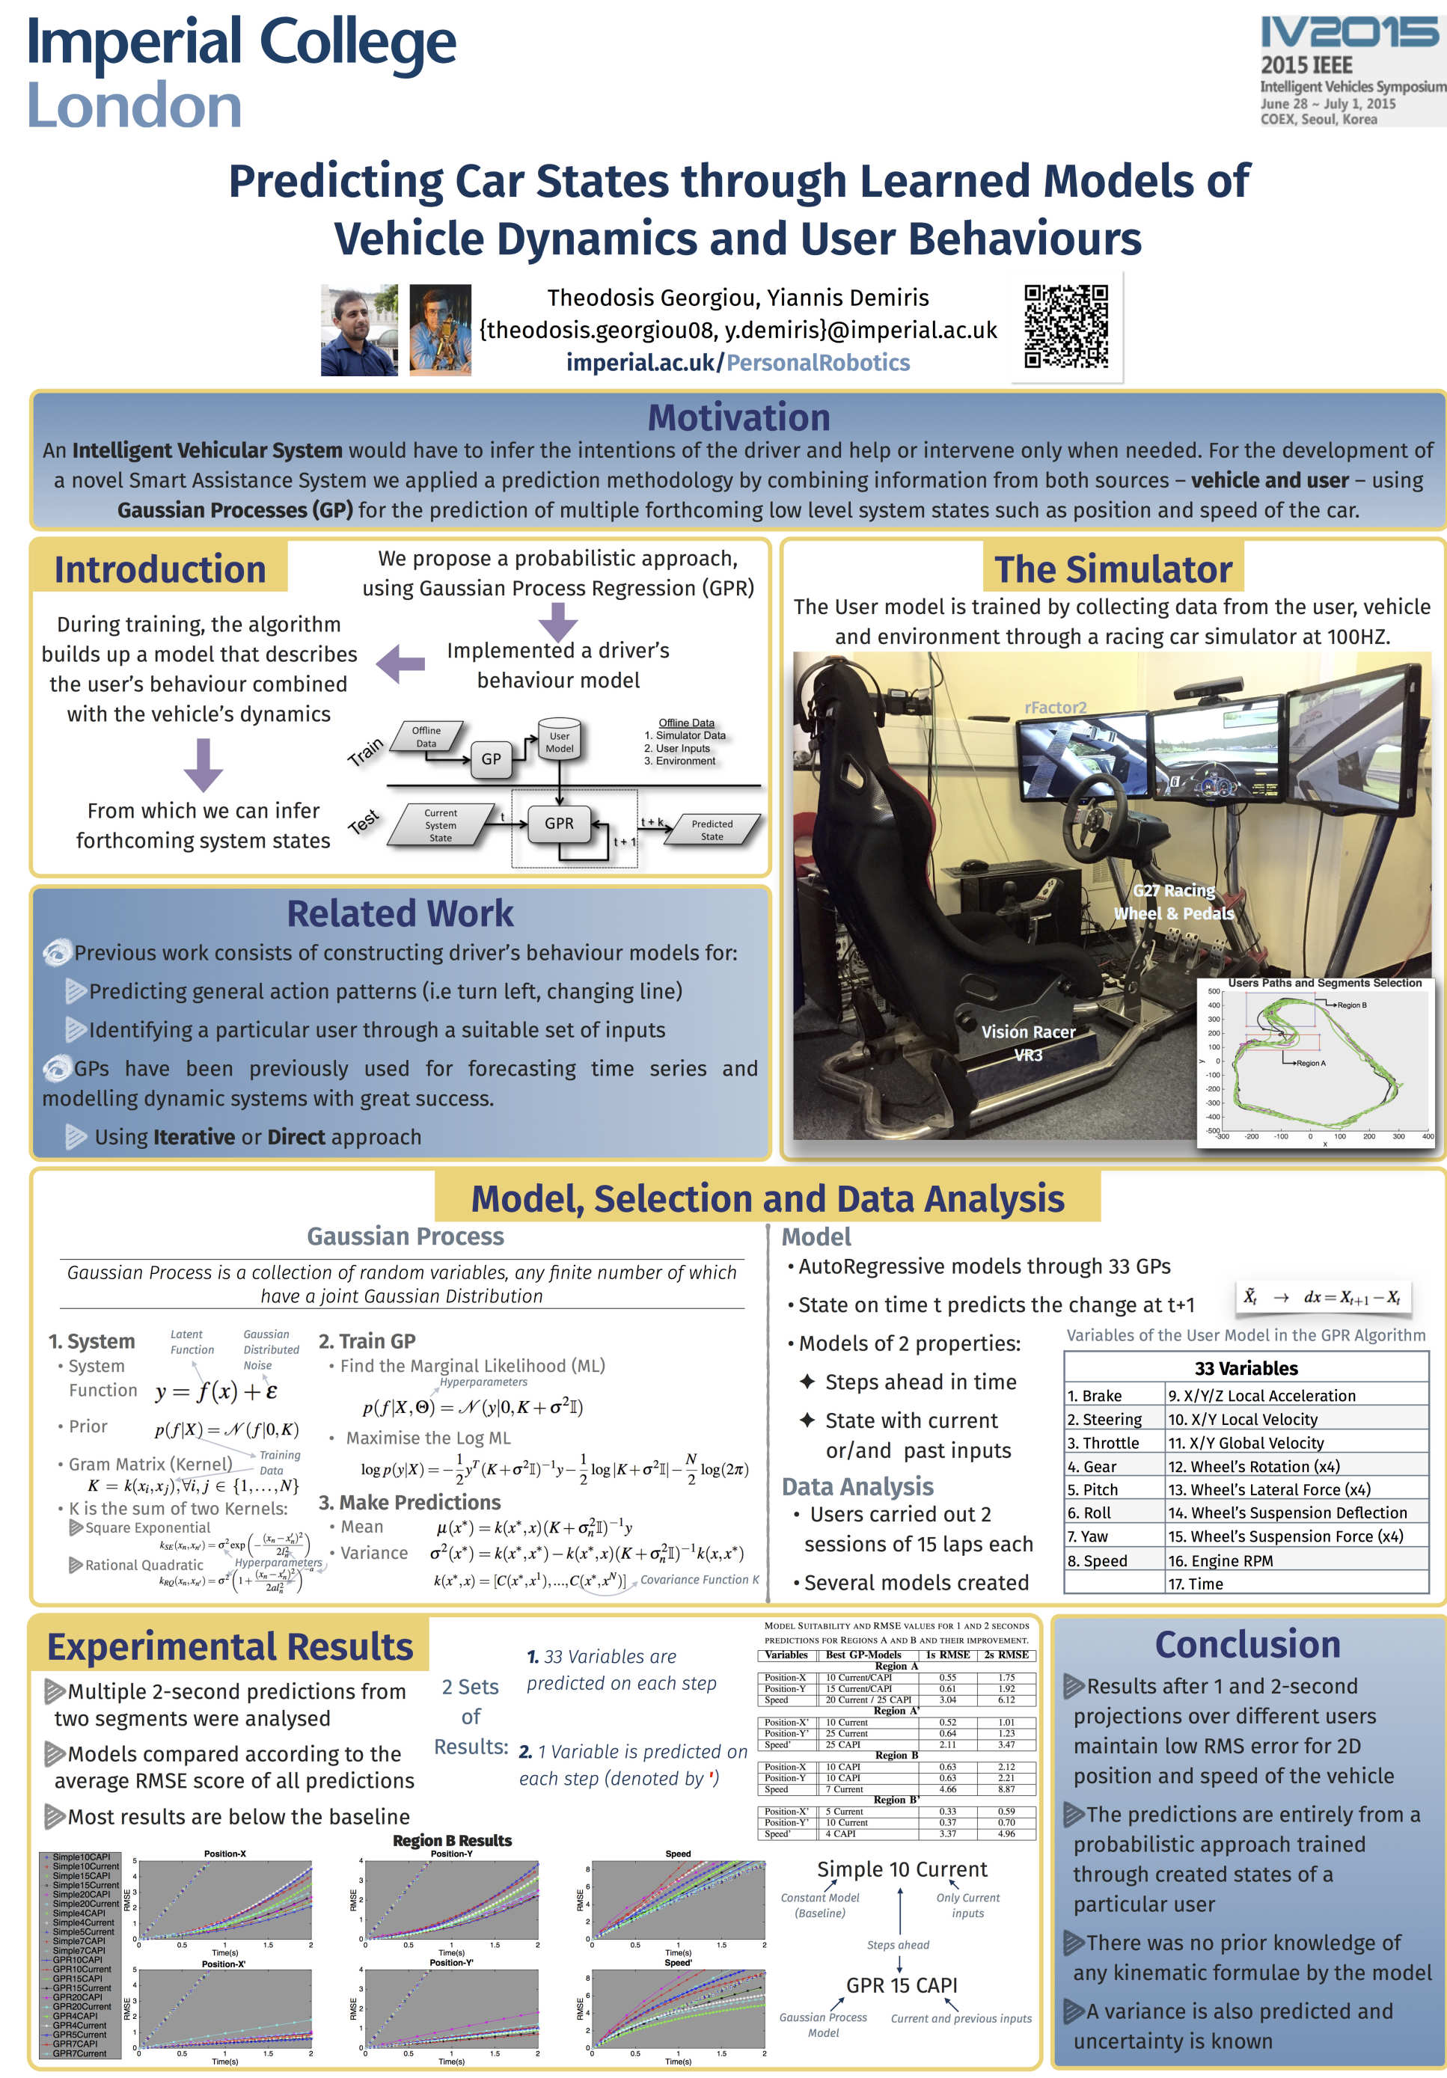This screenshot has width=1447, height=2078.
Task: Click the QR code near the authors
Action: click(x=1065, y=326)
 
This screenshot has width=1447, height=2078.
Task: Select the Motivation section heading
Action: click(x=738, y=417)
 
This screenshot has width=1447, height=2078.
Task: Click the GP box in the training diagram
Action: click(x=491, y=759)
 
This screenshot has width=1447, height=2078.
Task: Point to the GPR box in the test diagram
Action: click(x=559, y=824)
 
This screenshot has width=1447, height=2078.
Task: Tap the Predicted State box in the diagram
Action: click(x=712, y=830)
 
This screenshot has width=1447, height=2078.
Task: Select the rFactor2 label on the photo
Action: click(x=1055, y=707)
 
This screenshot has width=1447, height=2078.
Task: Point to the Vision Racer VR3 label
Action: click(x=1028, y=1043)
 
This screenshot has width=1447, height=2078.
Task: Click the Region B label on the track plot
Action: click(x=1351, y=1005)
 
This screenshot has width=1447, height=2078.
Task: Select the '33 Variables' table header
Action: click(x=1246, y=1368)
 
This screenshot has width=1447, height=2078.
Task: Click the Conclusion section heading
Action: click(x=1247, y=1644)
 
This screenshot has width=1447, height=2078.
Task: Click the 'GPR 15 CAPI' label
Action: click(x=901, y=1984)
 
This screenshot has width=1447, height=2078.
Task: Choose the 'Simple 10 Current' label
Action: click(x=902, y=1869)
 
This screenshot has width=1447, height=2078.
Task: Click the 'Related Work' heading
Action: click(x=400, y=913)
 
